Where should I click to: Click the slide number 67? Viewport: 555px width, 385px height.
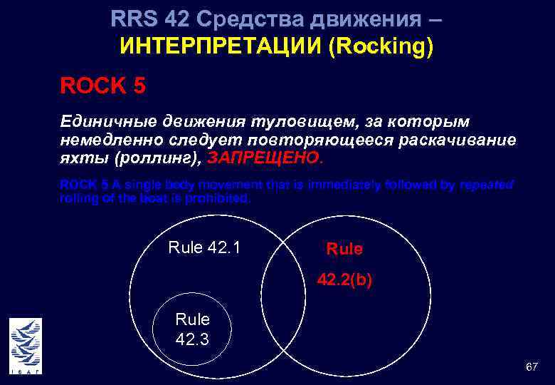pyautogui.click(x=531, y=366)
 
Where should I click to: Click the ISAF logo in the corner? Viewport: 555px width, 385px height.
pyautogui.click(x=25, y=346)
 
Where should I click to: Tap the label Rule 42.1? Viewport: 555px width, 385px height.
pyautogui.click(x=204, y=247)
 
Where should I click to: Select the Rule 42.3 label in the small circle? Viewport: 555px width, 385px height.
pyautogui.click(x=192, y=329)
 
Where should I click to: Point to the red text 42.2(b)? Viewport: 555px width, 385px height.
pyautogui.click(x=344, y=281)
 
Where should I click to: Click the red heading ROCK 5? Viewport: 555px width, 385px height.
pyautogui.click(x=103, y=86)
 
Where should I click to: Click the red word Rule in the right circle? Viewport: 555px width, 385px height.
pyautogui.click(x=344, y=249)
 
